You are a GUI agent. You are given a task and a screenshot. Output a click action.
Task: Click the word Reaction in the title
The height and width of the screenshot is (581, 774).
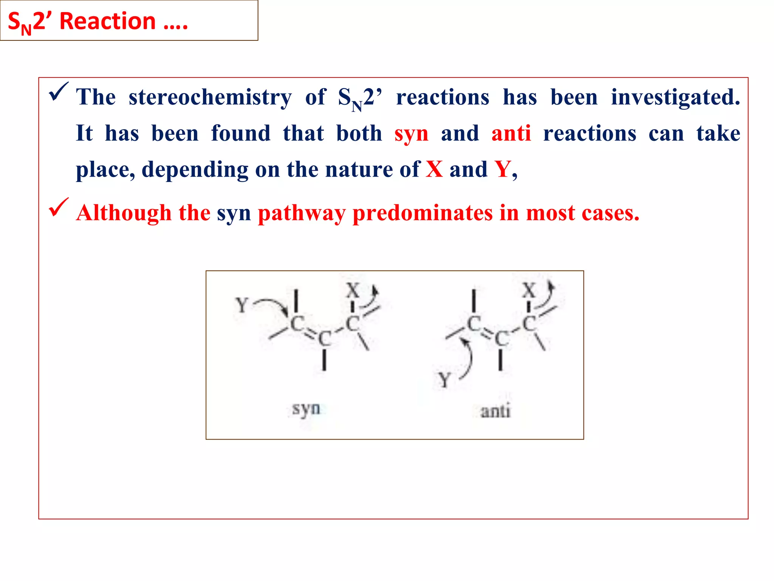click(107, 21)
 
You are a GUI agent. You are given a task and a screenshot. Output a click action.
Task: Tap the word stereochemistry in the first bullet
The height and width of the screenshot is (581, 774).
click(210, 98)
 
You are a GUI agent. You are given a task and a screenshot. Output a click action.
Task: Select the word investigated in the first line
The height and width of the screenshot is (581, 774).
click(675, 98)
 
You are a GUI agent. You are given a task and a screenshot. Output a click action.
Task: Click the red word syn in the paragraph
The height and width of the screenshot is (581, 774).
click(411, 134)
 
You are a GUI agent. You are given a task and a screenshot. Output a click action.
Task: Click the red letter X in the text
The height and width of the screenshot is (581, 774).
click(434, 169)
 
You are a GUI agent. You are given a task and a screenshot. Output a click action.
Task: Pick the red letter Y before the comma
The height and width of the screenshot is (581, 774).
click(503, 169)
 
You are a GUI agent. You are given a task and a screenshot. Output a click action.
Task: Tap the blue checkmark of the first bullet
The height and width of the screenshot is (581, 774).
click(59, 92)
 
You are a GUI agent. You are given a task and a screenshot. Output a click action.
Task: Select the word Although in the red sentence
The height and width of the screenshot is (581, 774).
click(124, 213)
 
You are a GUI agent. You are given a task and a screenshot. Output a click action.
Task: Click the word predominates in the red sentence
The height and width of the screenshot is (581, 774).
click(423, 213)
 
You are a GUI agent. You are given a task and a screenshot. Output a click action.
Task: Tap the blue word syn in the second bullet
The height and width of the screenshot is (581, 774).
click(234, 213)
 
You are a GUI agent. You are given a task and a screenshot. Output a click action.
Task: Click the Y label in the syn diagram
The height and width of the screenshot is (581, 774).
click(242, 305)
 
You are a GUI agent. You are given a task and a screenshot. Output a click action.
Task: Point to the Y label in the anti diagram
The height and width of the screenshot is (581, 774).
click(444, 379)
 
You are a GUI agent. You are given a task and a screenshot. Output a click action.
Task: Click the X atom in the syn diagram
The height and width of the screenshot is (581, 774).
click(353, 290)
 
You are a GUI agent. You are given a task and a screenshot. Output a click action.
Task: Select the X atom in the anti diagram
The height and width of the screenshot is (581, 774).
click(529, 290)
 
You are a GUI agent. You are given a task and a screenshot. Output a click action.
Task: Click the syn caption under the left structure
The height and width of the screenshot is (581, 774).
click(306, 409)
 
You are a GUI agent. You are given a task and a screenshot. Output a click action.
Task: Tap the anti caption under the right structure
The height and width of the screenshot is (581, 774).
click(495, 411)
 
